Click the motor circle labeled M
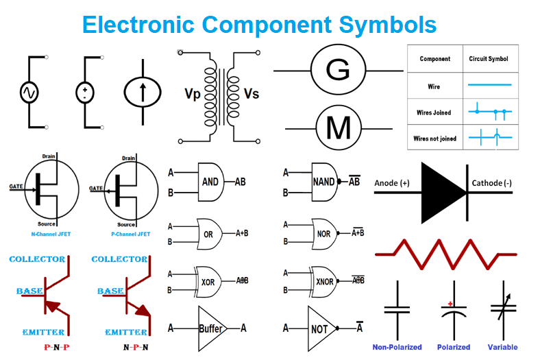tap(337, 128)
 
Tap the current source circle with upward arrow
tap(142, 92)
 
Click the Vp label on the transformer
tap(193, 94)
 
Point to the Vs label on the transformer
tap(251, 94)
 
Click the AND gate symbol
tap(210, 182)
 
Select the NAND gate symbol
tap(323, 182)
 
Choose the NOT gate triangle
tap(320, 328)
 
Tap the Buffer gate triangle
tap(210, 328)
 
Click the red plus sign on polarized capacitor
tap(450, 303)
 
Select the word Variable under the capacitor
tap(502, 347)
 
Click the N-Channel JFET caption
tap(51, 235)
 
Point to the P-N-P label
tap(57, 348)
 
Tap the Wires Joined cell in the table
tap(434, 112)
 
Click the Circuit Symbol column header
tap(489, 59)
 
